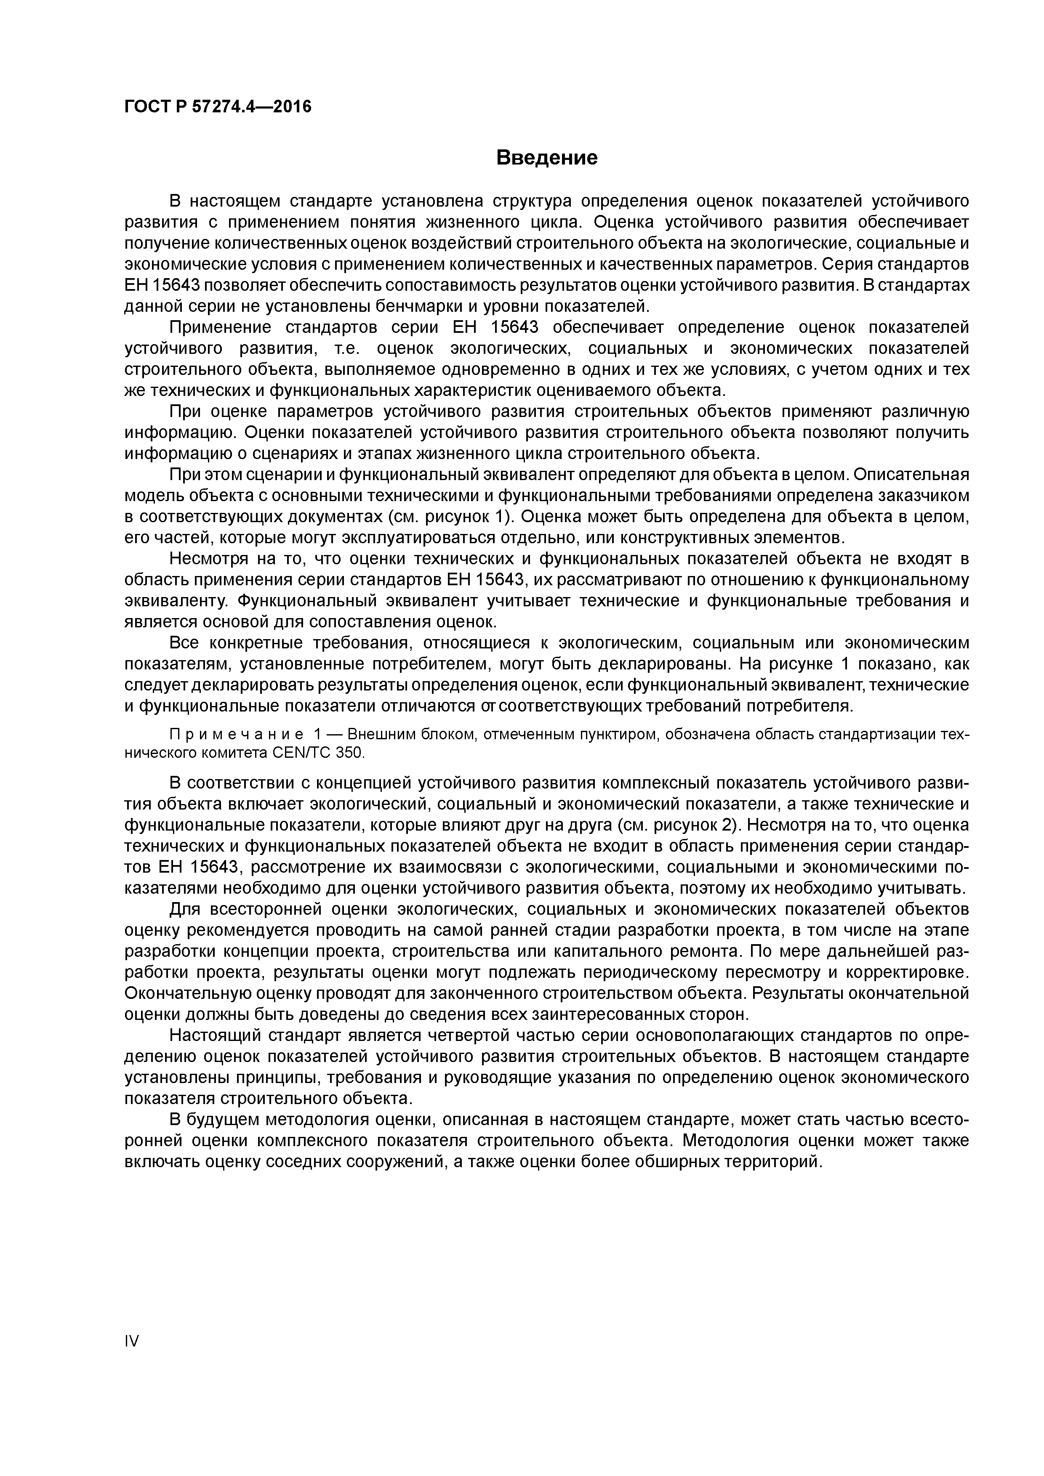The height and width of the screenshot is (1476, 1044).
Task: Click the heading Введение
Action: tap(547, 157)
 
